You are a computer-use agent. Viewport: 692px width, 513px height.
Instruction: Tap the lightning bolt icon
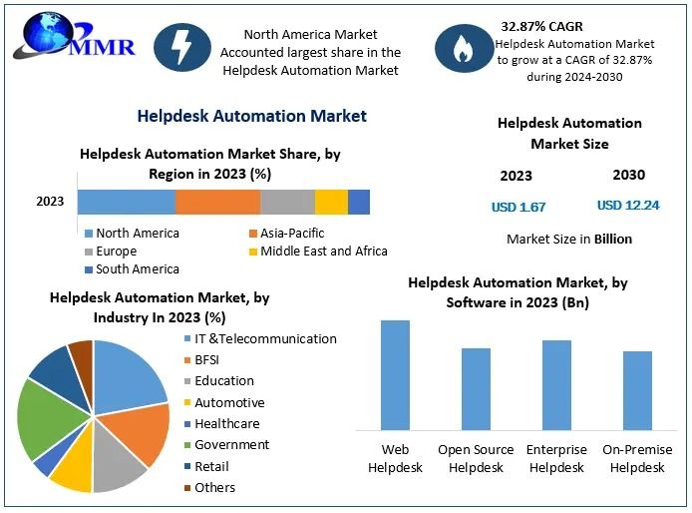click(182, 47)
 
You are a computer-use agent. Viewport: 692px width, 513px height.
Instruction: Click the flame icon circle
click(465, 48)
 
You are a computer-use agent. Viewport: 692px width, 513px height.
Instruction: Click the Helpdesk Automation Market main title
click(251, 116)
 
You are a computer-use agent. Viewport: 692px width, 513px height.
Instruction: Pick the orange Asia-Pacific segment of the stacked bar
click(217, 202)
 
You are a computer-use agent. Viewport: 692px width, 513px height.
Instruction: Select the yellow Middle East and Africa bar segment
click(331, 202)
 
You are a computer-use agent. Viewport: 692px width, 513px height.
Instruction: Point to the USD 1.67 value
click(519, 207)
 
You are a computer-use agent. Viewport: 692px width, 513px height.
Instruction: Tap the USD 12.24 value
click(628, 205)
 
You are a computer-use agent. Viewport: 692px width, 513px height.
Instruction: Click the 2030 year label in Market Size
click(628, 175)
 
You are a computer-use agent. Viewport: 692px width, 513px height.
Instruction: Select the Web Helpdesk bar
click(395, 374)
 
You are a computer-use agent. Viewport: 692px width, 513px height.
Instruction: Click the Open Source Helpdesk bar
click(476, 388)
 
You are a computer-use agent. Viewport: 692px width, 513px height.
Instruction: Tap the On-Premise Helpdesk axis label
click(637, 458)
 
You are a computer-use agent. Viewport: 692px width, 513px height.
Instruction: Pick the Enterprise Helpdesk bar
click(556, 384)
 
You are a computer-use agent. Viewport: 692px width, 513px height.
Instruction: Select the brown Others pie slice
click(81, 354)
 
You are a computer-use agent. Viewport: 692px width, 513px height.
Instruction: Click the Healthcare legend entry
click(226, 423)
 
